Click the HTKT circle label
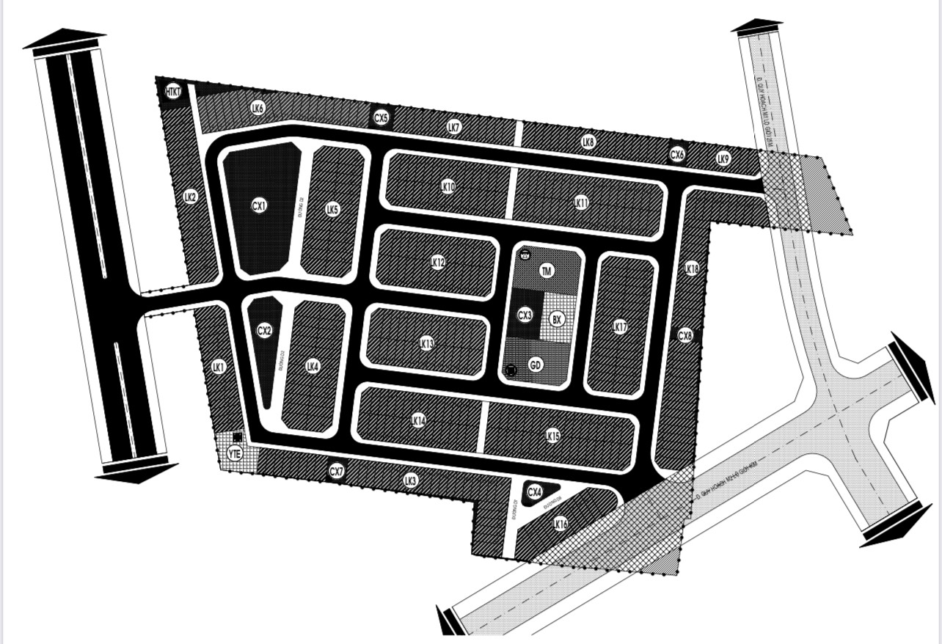click(x=173, y=92)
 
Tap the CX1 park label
click(x=258, y=206)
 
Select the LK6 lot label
click(x=257, y=108)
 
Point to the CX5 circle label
click(x=381, y=117)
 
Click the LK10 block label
click(x=448, y=186)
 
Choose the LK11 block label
click(x=581, y=202)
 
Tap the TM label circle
click(x=546, y=271)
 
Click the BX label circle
click(x=557, y=319)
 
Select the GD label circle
click(x=536, y=364)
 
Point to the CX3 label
click(x=525, y=315)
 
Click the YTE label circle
click(x=234, y=453)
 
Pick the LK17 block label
click(x=620, y=326)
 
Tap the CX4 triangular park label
click(x=535, y=491)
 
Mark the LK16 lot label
click(x=560, y=524)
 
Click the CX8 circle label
click(x=684, y=335)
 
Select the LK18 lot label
click(x=691, y=268)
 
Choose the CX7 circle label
click(x=336, y=471)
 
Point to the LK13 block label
click(x=427, y=343)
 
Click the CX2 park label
click(x=264, y=331)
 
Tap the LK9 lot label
click(x=723, y=158)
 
